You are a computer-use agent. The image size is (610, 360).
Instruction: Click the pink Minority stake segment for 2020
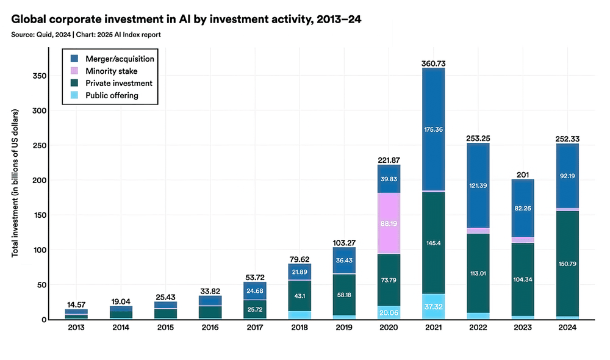click(x=389, y=223)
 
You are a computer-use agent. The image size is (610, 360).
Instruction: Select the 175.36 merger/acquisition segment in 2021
click(x=433, y=129)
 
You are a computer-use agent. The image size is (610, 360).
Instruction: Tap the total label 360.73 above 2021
click(x=433, y=63)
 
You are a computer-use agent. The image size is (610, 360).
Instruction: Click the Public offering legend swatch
click(x=74, y=95)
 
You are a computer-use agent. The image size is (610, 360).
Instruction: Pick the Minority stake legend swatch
click(x=74, y=71)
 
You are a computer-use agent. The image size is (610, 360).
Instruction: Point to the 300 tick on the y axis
click(x=39, y=110)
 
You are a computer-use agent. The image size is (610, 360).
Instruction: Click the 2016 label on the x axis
click(x=210, y=328)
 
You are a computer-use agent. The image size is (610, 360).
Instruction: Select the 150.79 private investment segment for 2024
click(x=567, y=264)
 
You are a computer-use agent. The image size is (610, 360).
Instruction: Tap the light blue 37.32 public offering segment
click(x=433, y=307)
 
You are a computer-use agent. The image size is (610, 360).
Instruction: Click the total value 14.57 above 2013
click(x=76, y=304)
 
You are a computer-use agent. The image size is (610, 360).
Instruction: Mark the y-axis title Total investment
click(x=15, y=183)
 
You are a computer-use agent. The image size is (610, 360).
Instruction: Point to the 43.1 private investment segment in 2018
click(x=300, y=296)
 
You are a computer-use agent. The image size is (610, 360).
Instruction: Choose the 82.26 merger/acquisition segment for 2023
click(x=523, y=208)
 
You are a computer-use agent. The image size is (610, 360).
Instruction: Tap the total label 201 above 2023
click(x=523, y=175)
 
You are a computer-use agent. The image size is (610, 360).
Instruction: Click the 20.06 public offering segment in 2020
click(x=389, y=312)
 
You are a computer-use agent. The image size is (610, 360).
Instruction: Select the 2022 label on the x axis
click(x=478, y=328)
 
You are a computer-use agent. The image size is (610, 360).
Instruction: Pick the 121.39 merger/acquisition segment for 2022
click(x=478, y=185)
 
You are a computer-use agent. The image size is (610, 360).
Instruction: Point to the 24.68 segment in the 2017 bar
click(x=255, y=290)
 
